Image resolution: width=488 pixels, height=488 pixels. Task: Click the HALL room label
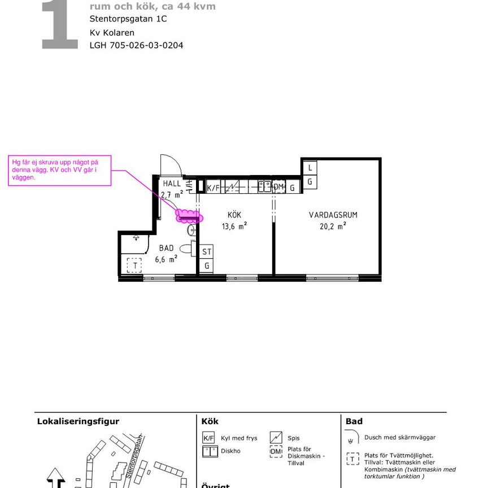pyautogui.click(x=172, y=184)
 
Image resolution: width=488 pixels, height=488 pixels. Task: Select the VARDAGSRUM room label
pyautogui.click(x=333, y=215)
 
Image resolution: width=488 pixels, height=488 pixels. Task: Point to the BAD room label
pyautogui.click(x=166, y=248)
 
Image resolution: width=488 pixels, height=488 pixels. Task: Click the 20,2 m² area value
pyautogui.click(x=333, y=226)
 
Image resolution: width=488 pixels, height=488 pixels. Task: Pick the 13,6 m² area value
pyautogui.click(x=234, y=226)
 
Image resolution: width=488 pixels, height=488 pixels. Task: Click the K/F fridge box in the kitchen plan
pyautogui.click(x=213, y=188)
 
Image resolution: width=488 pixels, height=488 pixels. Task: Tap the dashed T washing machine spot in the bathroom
pyautogui.click(x=134, y=264)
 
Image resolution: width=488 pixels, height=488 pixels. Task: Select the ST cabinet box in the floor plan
pyautogui.click(x=207, y=252)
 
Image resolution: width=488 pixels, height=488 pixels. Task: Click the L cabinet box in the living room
pyautogui.click(x=310, y=168)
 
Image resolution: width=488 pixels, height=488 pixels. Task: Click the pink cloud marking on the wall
pyautogui.click(x=188, y=216)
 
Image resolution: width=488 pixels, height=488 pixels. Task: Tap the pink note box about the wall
pyautogui.click(x=59, y=169)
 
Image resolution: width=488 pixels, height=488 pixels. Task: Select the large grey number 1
pyautogui.click(x=59, y=25)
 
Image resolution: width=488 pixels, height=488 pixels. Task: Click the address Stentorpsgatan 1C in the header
pyautogui.click(x=128, y=19)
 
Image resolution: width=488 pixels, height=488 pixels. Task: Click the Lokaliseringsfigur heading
pyautogui.click(x=78, y=421)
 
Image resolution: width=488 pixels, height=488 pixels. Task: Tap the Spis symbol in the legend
pyautogui.click(x=276, y=437)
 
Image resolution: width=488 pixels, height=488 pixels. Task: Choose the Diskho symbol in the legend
pyautogui.click(x=210, y=451)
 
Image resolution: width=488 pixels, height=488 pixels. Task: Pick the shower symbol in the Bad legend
pyautogui.click(x=352, y=438)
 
